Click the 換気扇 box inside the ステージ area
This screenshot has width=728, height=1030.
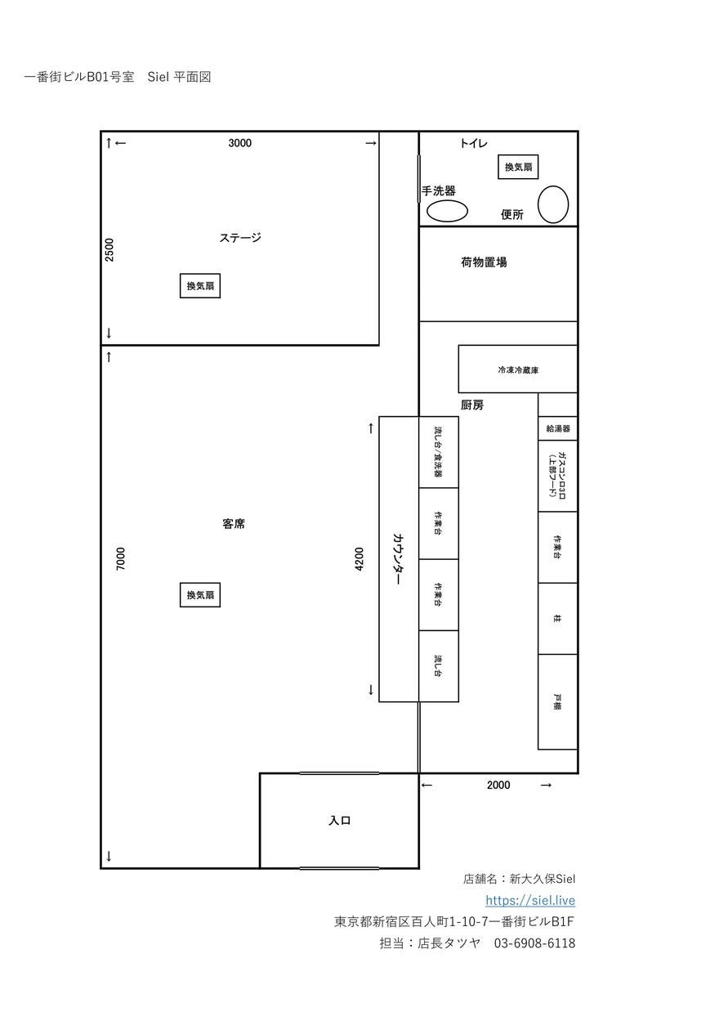[x=200, y=286]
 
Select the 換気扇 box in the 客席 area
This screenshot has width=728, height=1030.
[x=200, y=595]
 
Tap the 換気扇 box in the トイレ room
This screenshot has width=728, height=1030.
[x=518, y=167]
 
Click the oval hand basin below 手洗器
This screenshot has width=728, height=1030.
[x=447, y=211]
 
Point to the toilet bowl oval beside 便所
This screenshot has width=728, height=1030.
[x=553, y=204]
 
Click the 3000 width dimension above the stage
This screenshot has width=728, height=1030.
[x=240, y=143]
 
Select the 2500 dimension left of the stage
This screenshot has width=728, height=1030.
[x=109, y=249]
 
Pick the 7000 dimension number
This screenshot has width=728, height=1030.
[x=121, y=559]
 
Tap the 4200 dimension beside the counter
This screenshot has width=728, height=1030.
[x=360, y=559]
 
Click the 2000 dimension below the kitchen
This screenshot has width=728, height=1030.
[x=498, y=785]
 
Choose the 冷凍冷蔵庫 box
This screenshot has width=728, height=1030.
[x=518, y=369]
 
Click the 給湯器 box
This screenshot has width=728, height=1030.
[x=557, y=428]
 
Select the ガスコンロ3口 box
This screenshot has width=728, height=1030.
[x=557, y=476]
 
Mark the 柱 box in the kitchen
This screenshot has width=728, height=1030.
[x=557, y=619]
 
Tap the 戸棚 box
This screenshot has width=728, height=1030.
[x=557, y=701]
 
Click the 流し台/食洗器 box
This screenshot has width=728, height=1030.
[x=439, y=452]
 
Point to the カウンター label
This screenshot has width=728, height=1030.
[x=398, y=559]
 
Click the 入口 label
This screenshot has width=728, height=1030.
[x=339, y=821]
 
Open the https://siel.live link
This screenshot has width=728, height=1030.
[x=530, y=900]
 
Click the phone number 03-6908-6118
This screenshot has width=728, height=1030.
[x=534, y=943]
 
